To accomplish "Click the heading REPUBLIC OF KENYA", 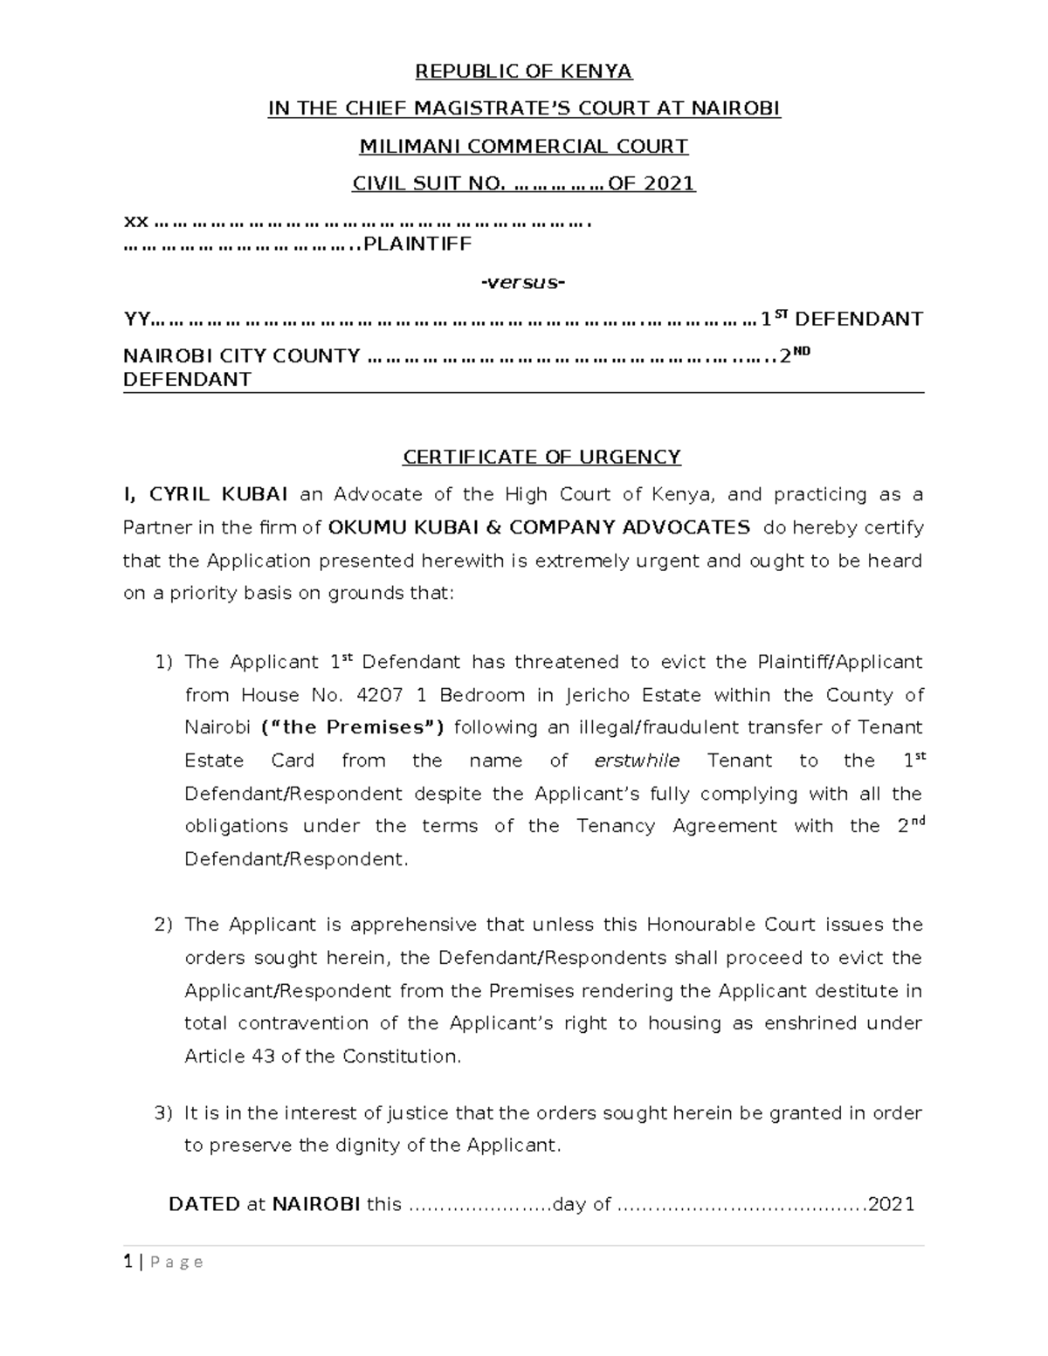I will point(523,71).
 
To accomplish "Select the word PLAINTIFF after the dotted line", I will point(417,244).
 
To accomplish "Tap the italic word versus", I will point(523,282).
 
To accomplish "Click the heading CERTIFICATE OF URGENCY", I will point(541,457).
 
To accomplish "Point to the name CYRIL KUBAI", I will point(218,494).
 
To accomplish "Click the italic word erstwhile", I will point(636,761).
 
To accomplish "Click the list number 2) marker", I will point(164,925).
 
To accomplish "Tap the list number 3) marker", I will point(164,1113).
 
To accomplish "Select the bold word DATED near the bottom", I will point(203,1204).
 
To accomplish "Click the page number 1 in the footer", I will point(128,1262).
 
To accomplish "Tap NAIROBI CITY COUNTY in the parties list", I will point(242,356).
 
